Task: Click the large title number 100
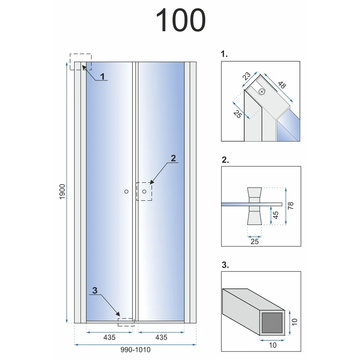pos(180,20)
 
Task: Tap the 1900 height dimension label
pos(62,192)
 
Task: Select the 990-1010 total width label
pos(135,350)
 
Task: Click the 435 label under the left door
pos(109,337)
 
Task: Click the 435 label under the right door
pos(161,337)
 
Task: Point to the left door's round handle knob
pos(126,192)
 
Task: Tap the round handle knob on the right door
pos(144,192)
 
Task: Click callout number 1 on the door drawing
pos(102,76)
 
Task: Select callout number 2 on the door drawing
pos(174,158)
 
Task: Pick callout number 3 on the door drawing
pos(95,291)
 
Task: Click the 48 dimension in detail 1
pos(282,85)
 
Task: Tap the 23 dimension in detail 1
pos(246,76)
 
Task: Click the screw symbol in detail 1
pos(261,91)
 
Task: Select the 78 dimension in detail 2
pos(291,206)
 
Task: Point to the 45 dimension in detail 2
pos(275,215)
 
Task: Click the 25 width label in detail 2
pos(255,242)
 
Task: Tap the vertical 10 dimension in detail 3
pos(294,322)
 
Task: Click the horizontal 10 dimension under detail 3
pos(273,345)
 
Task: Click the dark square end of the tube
pos(272,323)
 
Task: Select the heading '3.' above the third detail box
pos(225,265)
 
